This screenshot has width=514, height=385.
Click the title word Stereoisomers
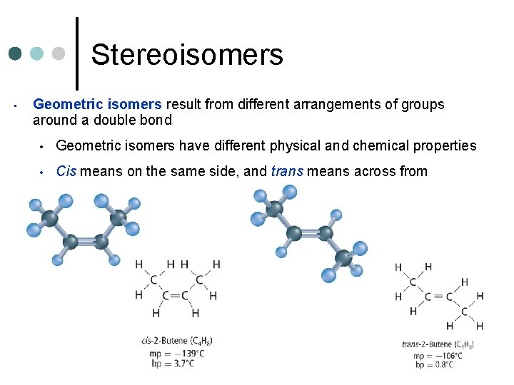(x=187, y=54)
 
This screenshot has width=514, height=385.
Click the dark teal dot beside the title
(x=16, y=53)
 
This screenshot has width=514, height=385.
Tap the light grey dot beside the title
(x=60, y=53)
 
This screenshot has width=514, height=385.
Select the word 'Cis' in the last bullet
(x=66, y=171)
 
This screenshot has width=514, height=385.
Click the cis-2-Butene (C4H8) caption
(x=177, y=342)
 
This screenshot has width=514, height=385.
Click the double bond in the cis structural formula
(x=175, y=296)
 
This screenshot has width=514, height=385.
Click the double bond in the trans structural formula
(x=438, y=297)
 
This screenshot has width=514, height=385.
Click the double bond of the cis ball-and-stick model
(x=86, y=242)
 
